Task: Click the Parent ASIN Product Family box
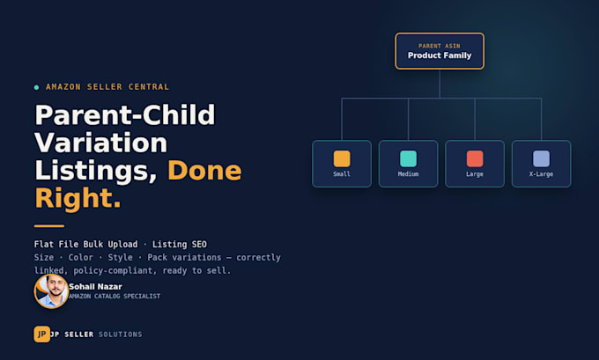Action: (x=440, y=51)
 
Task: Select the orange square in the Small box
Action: (x=342, y=158)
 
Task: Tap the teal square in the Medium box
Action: (x=408, y=158)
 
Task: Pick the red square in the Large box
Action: (x=475, y=158)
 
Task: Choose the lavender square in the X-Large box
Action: (x=541, y=158)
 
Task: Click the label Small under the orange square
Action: (x=342, y=174)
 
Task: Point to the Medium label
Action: (x=408, y=174)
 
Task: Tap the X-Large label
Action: (x=541, y=174)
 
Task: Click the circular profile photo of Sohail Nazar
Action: (x=51, y=290)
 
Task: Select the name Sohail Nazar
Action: (x=95, y=287)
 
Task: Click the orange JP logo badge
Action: (x=41, y=334)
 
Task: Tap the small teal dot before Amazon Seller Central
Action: (x=36, y=87)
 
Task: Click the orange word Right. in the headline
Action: (x=78, y=198)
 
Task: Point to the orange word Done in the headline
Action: (x=204, y=170)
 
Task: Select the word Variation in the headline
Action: (x=100, y=143)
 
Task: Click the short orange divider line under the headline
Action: (x=49, y=226)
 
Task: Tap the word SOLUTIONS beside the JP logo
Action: (x=121, y=334)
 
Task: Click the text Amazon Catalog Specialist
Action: (x=115, y=297)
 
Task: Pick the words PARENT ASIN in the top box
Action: (x=440, y=46)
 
